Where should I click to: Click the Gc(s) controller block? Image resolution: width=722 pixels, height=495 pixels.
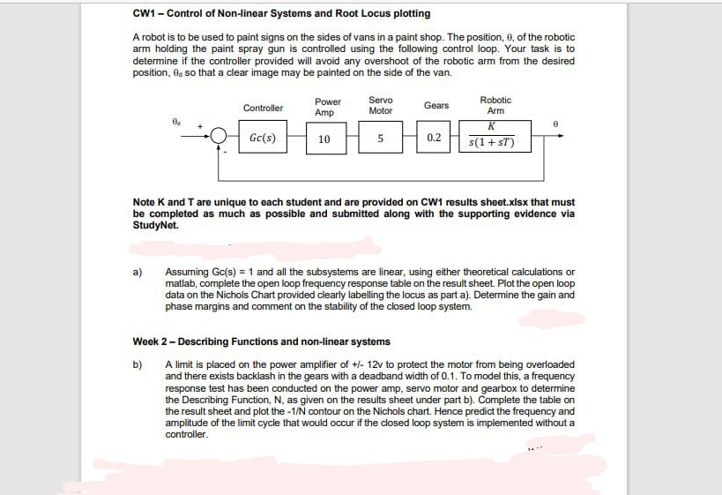click(x=263, y=139)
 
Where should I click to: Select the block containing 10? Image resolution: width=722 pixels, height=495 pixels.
click(x=324, y=139)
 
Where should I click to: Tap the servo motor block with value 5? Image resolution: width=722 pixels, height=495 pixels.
click(x=380, y=139)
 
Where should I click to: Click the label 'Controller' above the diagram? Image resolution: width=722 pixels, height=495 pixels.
click(x=263, y=108)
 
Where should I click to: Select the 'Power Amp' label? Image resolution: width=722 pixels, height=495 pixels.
click(x=327, y=108)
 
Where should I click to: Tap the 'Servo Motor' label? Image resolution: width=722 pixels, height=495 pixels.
click(x=380, y=105)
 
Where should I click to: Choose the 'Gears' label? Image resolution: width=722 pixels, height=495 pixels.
click(x=436, y=105)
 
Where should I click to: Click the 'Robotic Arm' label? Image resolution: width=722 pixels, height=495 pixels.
click(x=495, y=105)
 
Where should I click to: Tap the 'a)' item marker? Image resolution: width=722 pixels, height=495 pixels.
click(x=138, y=272)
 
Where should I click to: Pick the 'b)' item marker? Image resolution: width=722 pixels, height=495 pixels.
click(x=138, y=364)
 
